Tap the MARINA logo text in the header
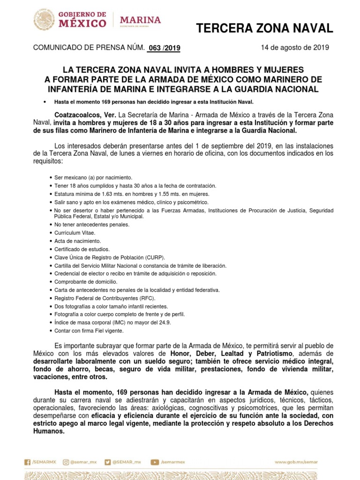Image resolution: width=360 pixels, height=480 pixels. pyautogui.click(x=140, y=21)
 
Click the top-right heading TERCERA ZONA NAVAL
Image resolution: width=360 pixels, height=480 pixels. pyautogui.click(x=264, y=29)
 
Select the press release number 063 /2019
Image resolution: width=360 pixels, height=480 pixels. pyautogui.click(x=163, y=48)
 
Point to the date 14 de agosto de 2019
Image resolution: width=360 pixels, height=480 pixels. pyautogui.click(x=295, y=47)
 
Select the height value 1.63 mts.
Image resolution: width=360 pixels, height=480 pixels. pyautogui.click(x=103, y=194)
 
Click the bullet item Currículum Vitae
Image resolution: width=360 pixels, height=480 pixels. pyautogui.click(x=75, y=232)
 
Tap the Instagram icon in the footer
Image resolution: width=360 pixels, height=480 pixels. pyautogui.click(x=66, y=462)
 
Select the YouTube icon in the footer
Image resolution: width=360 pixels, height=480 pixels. pyautogui.click(x=154, y=462)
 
